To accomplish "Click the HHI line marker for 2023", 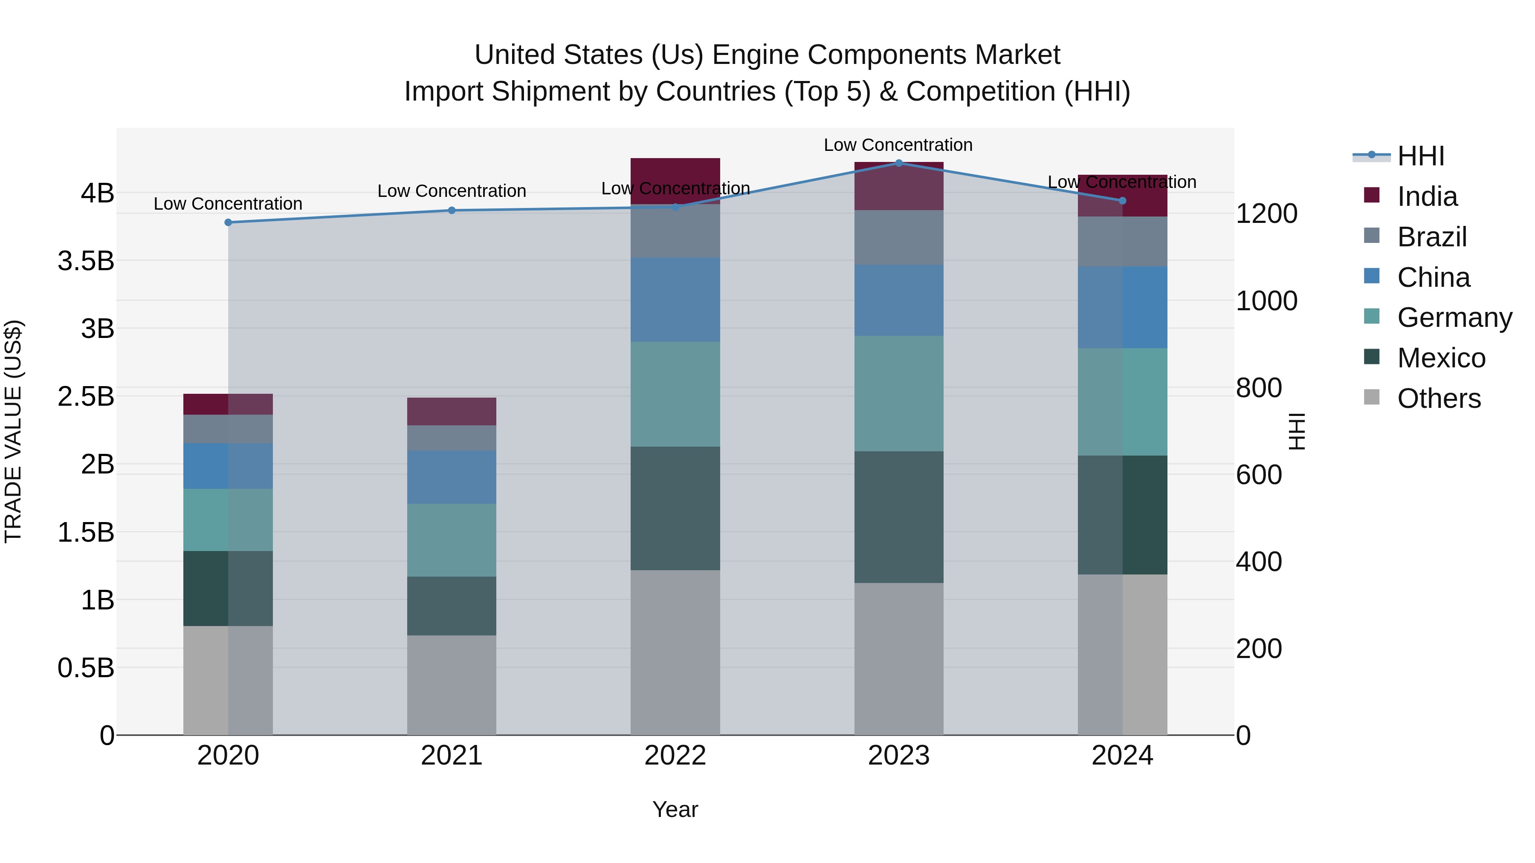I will coord(898,163).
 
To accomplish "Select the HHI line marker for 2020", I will coord(228,222).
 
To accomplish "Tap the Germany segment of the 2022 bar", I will coord(675,394).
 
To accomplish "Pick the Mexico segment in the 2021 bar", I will coord(452,605).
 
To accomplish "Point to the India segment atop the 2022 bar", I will coord(675,173).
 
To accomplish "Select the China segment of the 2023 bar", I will coord(898,300).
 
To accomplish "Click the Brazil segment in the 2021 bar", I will coord(452,438).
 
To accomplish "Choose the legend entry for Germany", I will coord(1454,317).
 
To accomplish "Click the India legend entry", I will coord(1427,196).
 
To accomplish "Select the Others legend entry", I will coord(1438,398).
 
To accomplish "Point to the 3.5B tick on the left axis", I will coord(86,261).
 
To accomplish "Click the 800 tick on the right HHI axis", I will coord(1259,388).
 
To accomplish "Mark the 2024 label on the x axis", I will coord(1122,756).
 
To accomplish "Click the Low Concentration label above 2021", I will coord(452,191).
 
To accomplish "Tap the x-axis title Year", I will coord(675,809).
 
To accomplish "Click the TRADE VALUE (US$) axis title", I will coord(13,431).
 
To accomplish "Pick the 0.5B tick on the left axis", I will coord(86,668).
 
